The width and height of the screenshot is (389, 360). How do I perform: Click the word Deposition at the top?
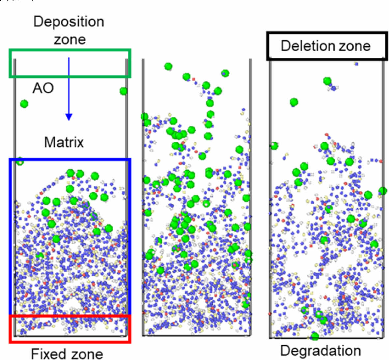tap(69, 22)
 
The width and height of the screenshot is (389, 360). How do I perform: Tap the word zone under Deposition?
tap(70, 40)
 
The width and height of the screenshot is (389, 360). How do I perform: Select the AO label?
tap(43, 88)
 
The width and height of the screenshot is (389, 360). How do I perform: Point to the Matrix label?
tap(64, 142)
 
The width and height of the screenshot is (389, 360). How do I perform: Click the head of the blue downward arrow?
tap(69, 117)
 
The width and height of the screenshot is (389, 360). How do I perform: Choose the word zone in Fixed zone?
tap(86, 353)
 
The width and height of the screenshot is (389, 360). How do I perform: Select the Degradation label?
tap(320, 350)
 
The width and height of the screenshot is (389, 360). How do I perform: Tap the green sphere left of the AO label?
tap(24, 104)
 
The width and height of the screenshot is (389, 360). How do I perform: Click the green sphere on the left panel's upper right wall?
tap(124, 91)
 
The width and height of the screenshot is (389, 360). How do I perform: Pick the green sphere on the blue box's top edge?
tap(20, 162)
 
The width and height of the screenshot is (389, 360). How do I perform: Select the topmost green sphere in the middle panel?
tap(168, 67)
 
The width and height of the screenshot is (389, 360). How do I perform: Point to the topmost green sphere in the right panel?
tap(327, 81)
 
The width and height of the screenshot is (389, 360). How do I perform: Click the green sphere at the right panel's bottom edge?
tap(315, 337)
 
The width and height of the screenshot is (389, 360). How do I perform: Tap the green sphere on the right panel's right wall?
tap(382, 191)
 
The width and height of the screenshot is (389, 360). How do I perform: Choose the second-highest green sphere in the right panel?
tap(294, 102)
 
